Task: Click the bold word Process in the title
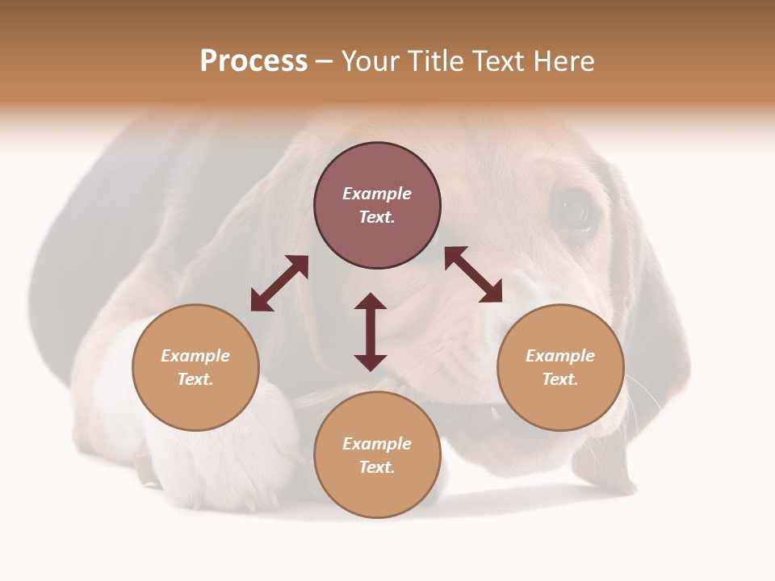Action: point(253,61)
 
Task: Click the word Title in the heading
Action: point(434,61)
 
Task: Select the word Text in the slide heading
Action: point(494,61)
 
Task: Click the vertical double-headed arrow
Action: point(371,332)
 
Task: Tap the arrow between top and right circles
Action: point(473,274)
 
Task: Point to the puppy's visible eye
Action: point(575,211)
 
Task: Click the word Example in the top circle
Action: point(377,194)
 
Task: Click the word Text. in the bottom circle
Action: point(377,467)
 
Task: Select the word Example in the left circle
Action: point(195,356)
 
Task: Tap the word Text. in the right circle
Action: point(560,379)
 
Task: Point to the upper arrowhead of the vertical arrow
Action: point(371,301)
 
